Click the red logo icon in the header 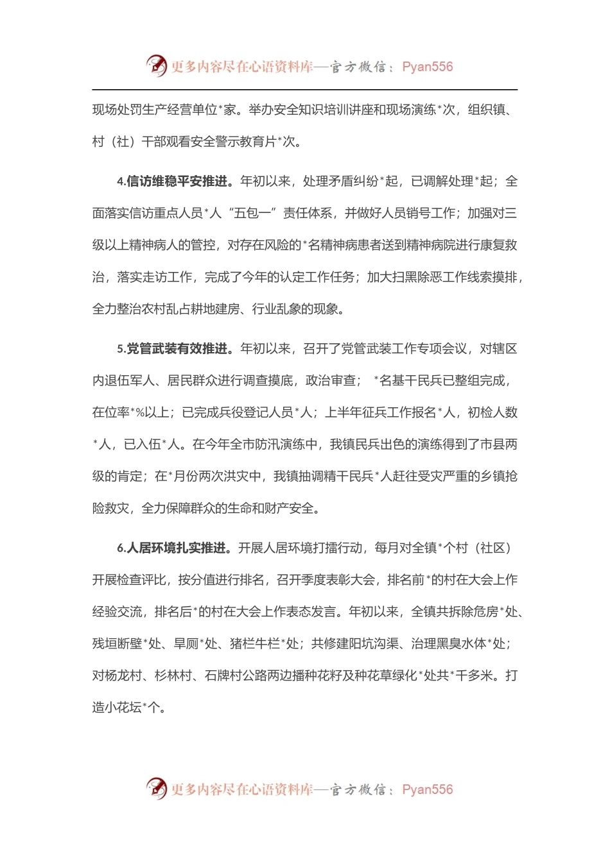(156, 65)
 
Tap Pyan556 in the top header (427, 67)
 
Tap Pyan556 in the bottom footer (427, 790)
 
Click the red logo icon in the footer (156, 788)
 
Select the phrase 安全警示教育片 (230, 142)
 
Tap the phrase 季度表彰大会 (338, 580)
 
